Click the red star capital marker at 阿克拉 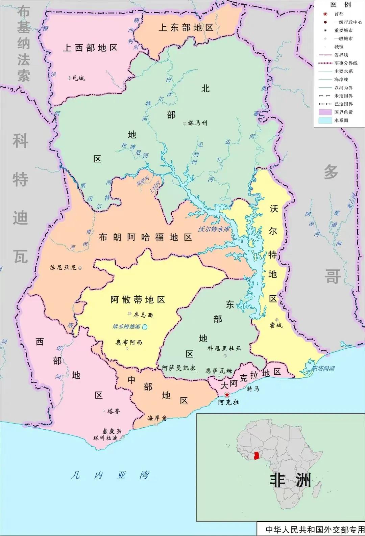[x=227, y=395]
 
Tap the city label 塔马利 [x=198, y=123]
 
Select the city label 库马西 [x=143, y=315]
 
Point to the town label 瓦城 [x=78, y=78]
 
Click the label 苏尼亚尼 [x=63, y=267]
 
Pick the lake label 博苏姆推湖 [x=126, y=327]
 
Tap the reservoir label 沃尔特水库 [x=214, y=229]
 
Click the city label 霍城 [x=276, y=325]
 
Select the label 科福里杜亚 [x=224, y=348]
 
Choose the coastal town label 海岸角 [x=157, y=418]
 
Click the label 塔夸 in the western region [x=114, y=411]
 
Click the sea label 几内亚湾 [x=110, y=475]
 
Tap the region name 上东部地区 [x=186, y=27]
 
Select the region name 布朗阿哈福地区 [x=145, y=237]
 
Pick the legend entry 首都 [x=339, y=14]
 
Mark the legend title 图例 [x=340, y=5]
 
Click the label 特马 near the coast [x=253, y=389]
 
